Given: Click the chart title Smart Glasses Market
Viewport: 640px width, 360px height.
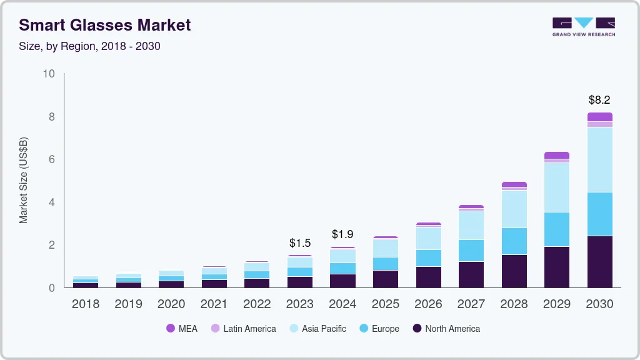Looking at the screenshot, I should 104,25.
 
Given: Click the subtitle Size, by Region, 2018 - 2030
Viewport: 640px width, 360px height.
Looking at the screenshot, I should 89,46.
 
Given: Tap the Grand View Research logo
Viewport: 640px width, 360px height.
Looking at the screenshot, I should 583,26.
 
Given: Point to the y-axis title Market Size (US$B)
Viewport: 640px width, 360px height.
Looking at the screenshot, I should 24,181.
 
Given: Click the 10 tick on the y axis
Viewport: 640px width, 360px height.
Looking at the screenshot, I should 49,74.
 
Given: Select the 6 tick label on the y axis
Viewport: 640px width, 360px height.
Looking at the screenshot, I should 52,159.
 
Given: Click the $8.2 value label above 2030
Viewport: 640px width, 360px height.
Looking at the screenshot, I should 599,99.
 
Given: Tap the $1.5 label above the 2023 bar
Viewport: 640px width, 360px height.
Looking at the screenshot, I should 299,242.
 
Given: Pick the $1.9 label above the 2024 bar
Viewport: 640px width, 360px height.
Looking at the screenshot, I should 342,234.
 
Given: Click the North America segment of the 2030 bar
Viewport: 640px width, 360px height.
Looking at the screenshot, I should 599,261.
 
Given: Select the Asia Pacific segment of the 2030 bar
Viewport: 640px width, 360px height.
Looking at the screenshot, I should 599,159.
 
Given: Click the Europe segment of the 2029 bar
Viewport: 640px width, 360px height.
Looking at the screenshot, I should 557,229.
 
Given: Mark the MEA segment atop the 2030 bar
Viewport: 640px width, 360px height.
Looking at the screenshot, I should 599,117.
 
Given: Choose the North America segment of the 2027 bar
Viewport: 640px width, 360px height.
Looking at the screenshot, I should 471,274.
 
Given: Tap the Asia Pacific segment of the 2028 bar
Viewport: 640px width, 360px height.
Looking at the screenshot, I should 514,209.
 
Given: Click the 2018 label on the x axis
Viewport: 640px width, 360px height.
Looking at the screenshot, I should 86,304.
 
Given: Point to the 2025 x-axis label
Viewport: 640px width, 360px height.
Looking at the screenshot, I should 385,304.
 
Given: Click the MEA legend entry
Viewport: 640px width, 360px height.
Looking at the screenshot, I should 182,328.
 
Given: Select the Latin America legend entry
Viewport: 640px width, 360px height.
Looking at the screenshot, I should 243,328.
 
